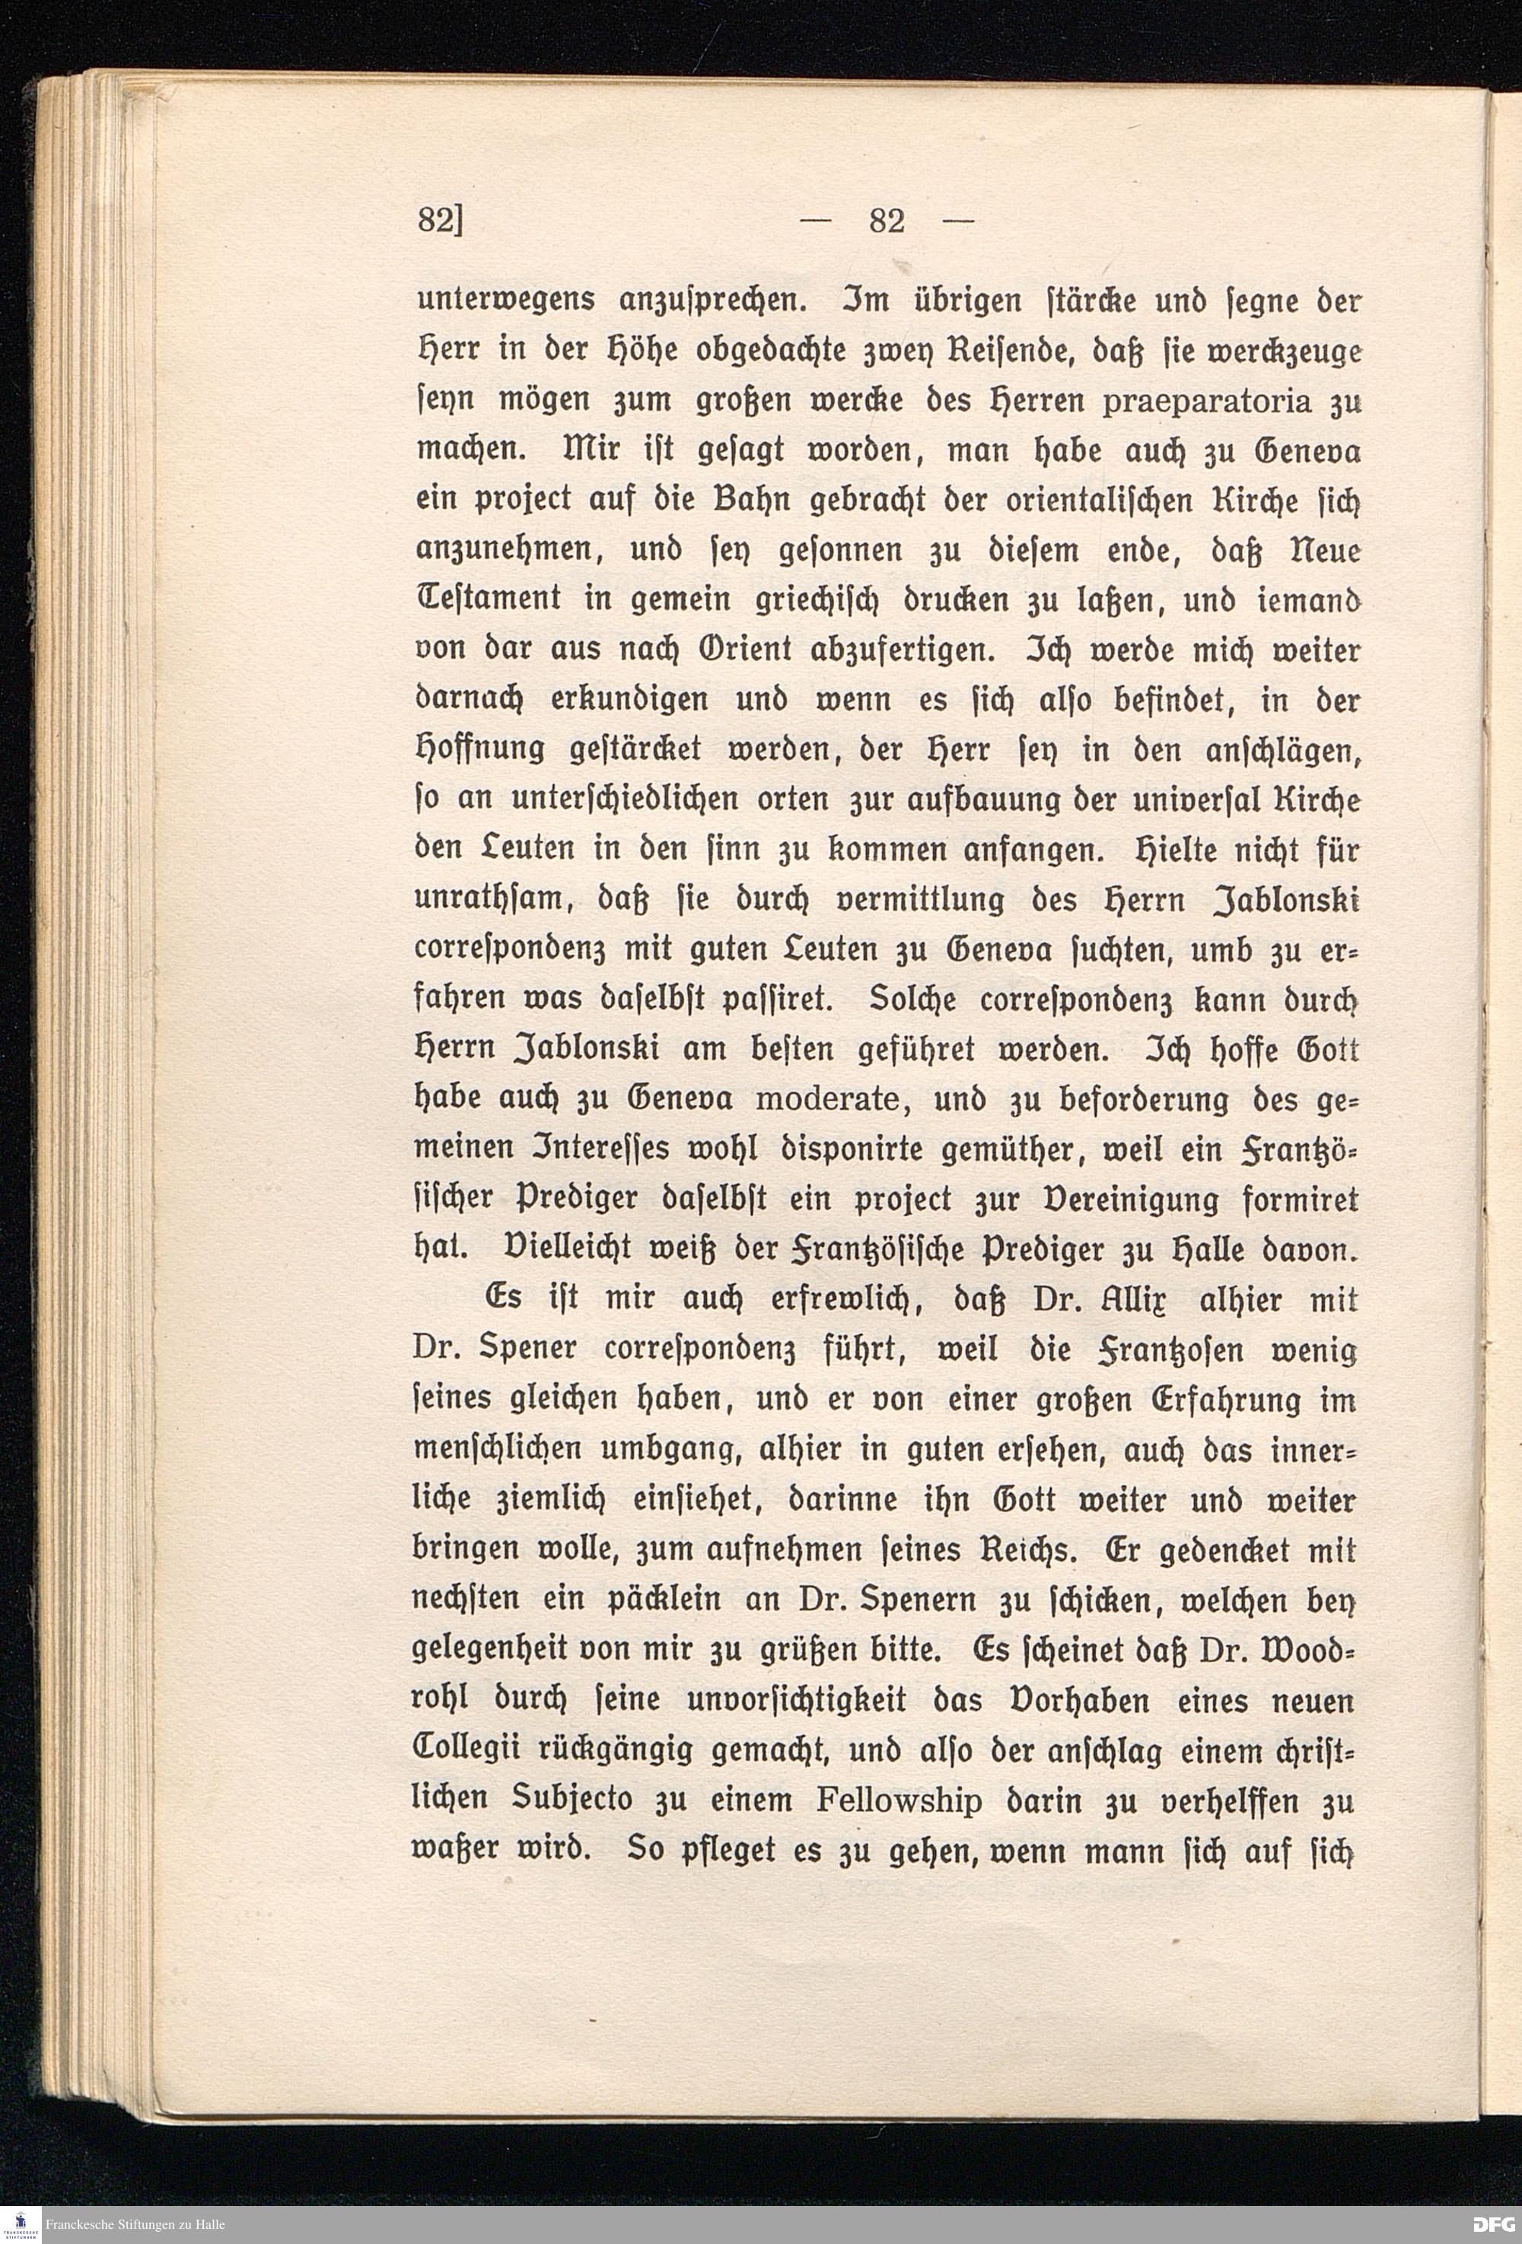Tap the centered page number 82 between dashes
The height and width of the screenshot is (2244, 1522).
(x=887, y=221)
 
